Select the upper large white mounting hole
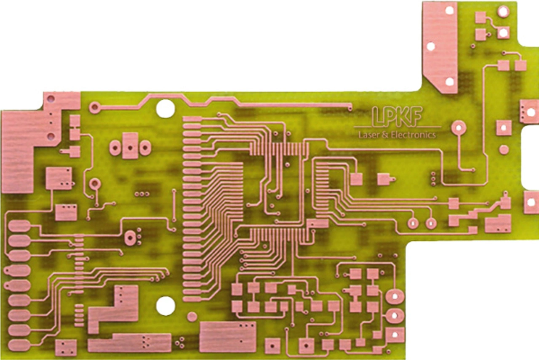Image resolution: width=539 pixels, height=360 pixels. click(x=165, y=109)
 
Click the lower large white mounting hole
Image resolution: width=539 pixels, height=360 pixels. click(x=165, y=306)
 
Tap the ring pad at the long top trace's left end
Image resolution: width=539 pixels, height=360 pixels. click(x=95, y=107)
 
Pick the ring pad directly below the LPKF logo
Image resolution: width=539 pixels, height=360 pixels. click(x=459, y=128)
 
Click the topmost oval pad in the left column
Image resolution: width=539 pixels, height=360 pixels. click(x=19, y=226)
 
